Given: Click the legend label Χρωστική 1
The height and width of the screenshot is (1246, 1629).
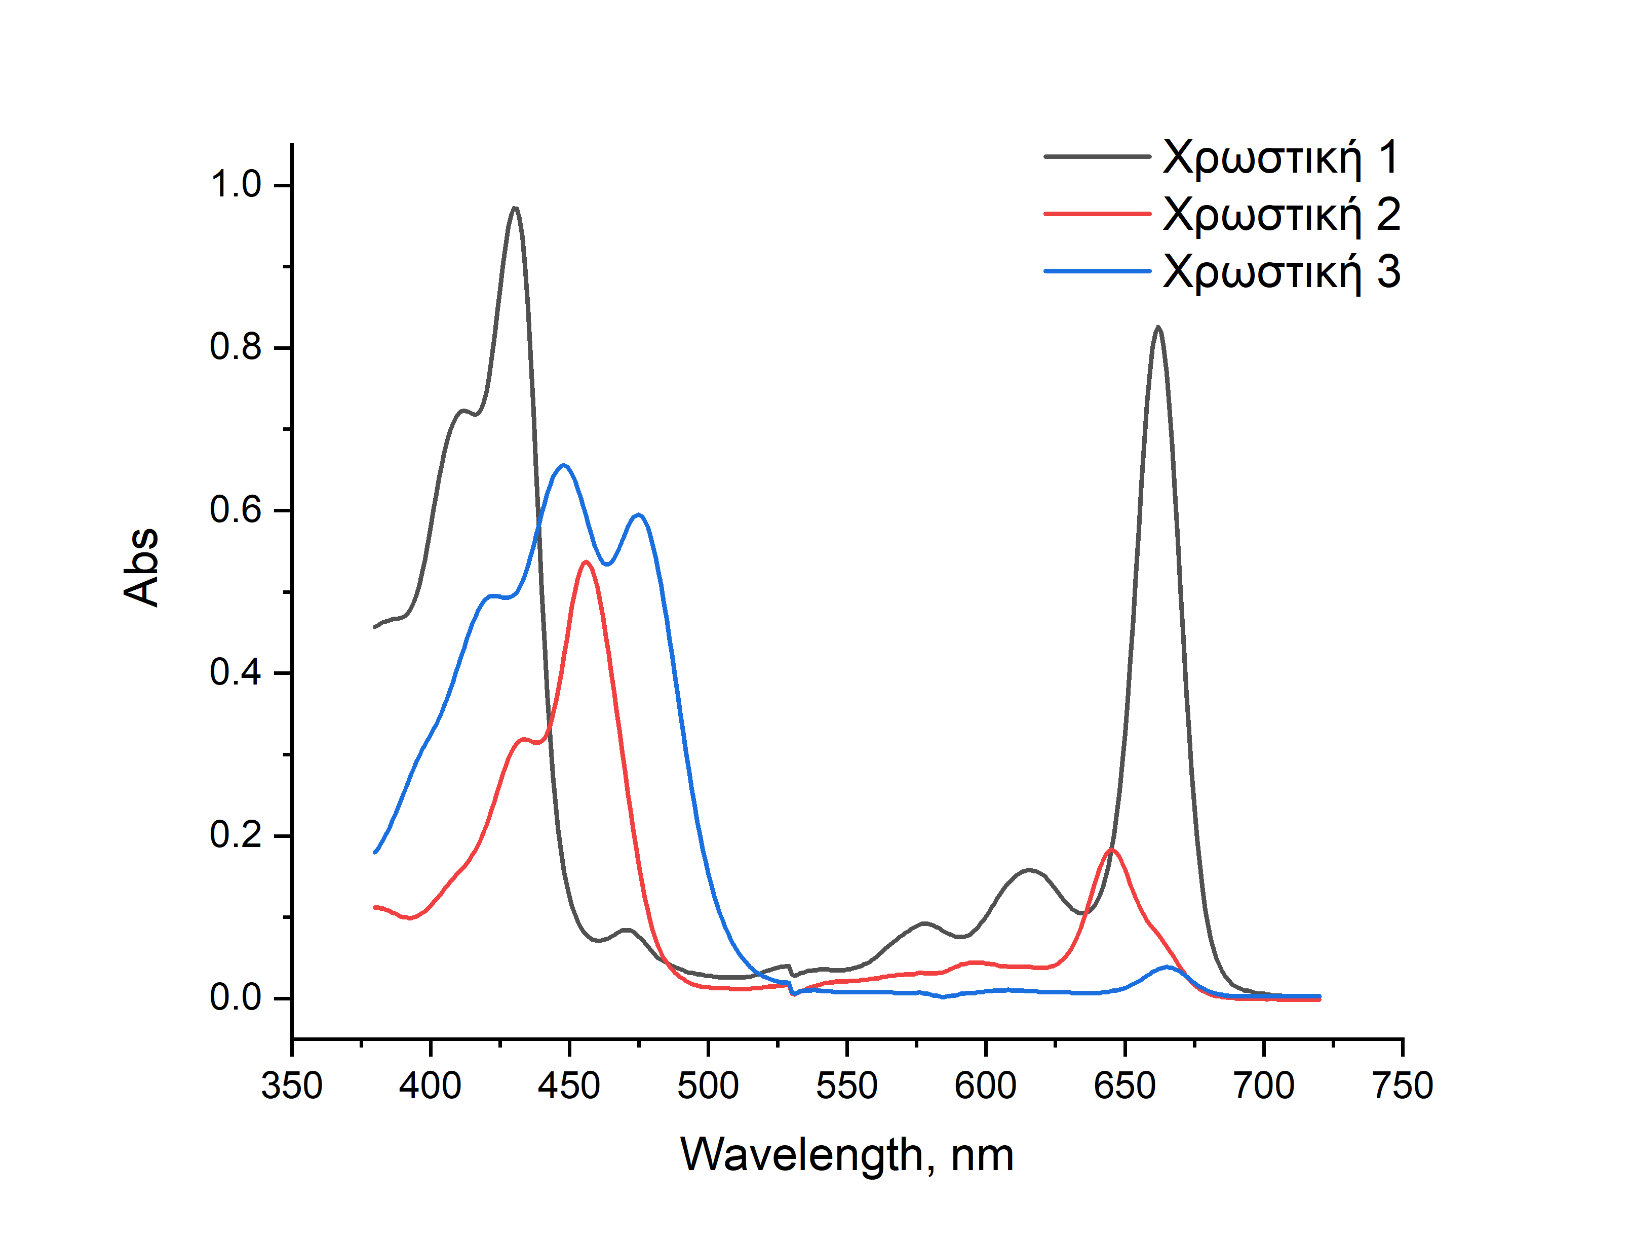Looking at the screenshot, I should (x=1281, y=158).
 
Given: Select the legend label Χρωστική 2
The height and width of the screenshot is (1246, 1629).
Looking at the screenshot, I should (x=1281, y=215).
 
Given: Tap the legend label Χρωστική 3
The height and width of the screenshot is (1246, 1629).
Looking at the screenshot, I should (x=1281, y=272).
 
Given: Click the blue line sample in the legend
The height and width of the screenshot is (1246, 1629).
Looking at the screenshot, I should (x=1097, y=271).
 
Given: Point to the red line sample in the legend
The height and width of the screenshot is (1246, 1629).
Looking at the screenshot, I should (x=1097, y=214).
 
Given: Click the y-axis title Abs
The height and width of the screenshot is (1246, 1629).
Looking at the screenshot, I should (x=141, y=568).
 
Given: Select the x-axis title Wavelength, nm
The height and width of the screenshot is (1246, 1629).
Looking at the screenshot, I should (x=846, y=1155).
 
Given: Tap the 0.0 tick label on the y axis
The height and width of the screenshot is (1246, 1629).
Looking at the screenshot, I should (x=236, y=997).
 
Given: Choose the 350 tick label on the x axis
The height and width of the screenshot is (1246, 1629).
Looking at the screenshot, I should (x=292, y=1086).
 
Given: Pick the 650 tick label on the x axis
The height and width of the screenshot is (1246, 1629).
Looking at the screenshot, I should (x=1124, y=1086).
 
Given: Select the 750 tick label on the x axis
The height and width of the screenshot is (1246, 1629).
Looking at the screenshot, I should (x=1402, y=1086).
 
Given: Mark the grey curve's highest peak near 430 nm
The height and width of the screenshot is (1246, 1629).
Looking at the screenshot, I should (x=515, y=209).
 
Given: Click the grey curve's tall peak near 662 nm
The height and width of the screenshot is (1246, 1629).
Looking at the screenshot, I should (x=1158, y=327).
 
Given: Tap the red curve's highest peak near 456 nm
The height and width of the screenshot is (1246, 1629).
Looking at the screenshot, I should (x=586, y=562).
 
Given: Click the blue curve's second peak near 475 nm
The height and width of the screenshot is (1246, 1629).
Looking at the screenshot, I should (x=639, y=515).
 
